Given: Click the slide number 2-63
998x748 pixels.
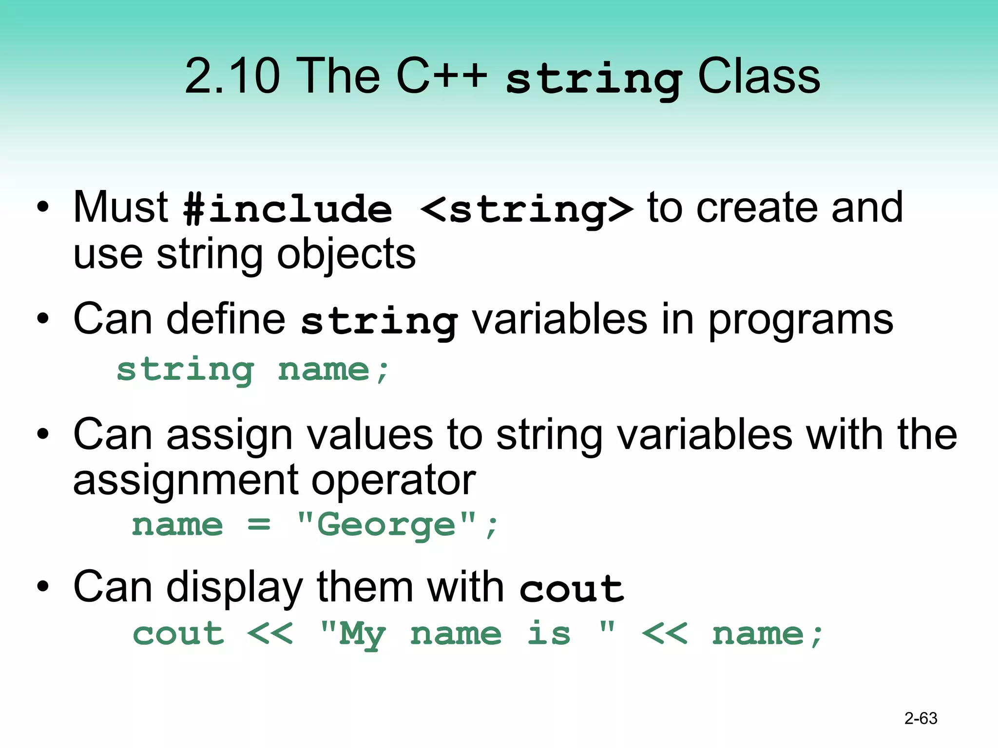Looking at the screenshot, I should click(x=921, y=718).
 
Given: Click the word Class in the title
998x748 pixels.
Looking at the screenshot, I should click(x=759, y=76).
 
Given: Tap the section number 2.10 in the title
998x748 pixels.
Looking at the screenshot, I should click(x=232, y=76).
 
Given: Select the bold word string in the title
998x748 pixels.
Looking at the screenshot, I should click(x=594, y=79).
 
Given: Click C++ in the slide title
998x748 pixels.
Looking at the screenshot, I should click(x=441, y=76).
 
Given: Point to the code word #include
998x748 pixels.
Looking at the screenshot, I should click(x=288, y=209).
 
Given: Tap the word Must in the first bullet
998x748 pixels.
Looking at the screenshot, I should click(x=120, y=207).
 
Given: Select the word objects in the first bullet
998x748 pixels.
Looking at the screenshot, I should click(x=346, y=255).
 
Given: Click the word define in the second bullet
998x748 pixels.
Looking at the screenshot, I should click(x=227, y=319).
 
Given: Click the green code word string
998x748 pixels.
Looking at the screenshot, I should click(x=186, y=370).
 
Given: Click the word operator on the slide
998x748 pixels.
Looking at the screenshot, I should click(x=393, y=481).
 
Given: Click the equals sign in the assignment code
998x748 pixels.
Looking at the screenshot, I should click(x=259, y=525).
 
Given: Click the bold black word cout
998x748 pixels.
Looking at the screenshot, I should click(x=571, y=589).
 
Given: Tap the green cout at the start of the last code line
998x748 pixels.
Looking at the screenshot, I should click(x=178, y=634).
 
